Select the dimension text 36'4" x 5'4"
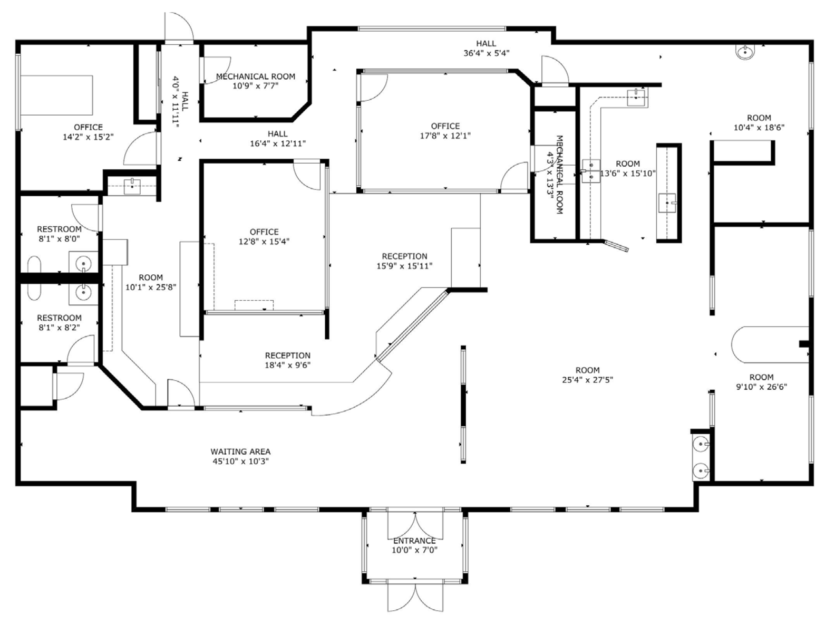(x=486, y=53)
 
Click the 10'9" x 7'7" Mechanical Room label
(x=256, y=81)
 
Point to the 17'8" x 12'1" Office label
(x=445, y=131)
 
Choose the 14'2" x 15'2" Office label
(x=88, y=132)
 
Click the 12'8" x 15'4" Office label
(x=264, y=237)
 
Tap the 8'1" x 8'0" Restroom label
(x=59, y=234)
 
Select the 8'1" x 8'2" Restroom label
(x=59, y=322)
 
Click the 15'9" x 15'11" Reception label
(x=404, y=261)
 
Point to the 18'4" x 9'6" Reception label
(x=287, y=360)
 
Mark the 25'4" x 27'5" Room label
(x=587, y=375)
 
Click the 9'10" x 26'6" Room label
(x=761, y=382)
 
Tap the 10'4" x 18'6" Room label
(x=759, y=122)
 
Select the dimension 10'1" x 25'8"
(x=151, y=287)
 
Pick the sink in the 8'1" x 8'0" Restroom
(x=83, y=262)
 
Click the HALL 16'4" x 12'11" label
(x=277, y=139)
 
